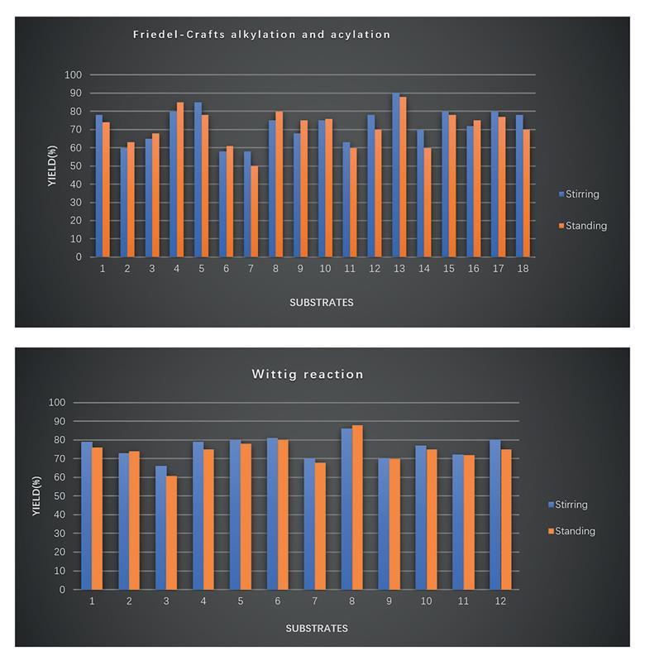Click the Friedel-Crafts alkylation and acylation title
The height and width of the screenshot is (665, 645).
pos(262,35)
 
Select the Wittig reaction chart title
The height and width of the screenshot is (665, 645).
pos(308,375)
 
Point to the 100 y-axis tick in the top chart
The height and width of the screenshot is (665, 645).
pos(74,75)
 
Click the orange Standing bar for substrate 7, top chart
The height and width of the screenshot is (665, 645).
pos(254,212)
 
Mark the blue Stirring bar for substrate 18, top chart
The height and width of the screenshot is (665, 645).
pos(519,186)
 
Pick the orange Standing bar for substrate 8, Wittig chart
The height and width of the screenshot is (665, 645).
pos(357,508)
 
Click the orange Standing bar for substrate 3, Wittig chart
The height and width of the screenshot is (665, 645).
pos(171,533)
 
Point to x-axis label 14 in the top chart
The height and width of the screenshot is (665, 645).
pos(424,269)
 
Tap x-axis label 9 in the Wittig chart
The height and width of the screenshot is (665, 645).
pos(389,601)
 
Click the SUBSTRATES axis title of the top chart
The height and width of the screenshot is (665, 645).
pos(321,303)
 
